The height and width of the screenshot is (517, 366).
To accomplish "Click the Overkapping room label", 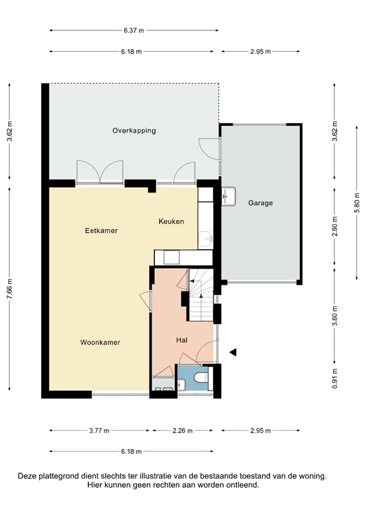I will [133, 131].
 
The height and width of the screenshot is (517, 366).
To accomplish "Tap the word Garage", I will [260, 203].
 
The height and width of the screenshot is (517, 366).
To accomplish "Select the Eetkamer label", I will [101, 230].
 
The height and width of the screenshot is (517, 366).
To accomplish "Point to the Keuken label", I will [171, 221].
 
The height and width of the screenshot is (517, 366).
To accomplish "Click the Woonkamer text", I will [100, 342].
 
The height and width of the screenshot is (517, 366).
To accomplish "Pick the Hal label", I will [181, 341].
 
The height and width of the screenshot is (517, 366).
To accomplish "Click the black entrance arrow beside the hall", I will [233, 352].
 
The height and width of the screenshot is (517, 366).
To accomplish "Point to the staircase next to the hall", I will [200, 296].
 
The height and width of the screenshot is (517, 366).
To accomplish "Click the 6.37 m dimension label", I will [133, 30].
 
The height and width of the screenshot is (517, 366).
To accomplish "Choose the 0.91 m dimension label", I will [335, 381].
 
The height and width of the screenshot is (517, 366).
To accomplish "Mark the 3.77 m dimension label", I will [100, 431].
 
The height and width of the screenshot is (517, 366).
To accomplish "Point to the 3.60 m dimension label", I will [335, 316].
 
